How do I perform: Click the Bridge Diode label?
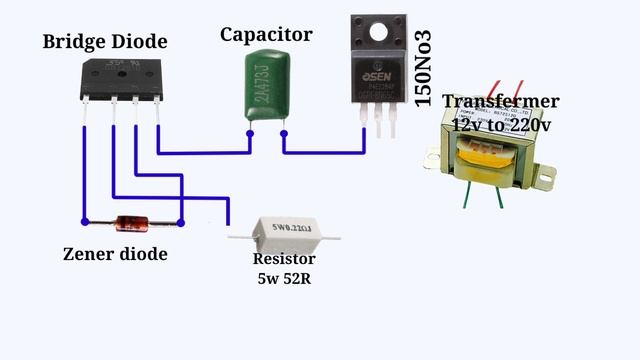click(104, 41)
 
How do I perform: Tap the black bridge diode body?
click(121, 77)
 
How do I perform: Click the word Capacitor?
click(266, 34)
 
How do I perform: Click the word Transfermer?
click(500, 101)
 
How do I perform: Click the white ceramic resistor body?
click(283, 236)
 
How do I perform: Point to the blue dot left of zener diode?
click(85, 222)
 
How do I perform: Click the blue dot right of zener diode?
click(180, 222)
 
